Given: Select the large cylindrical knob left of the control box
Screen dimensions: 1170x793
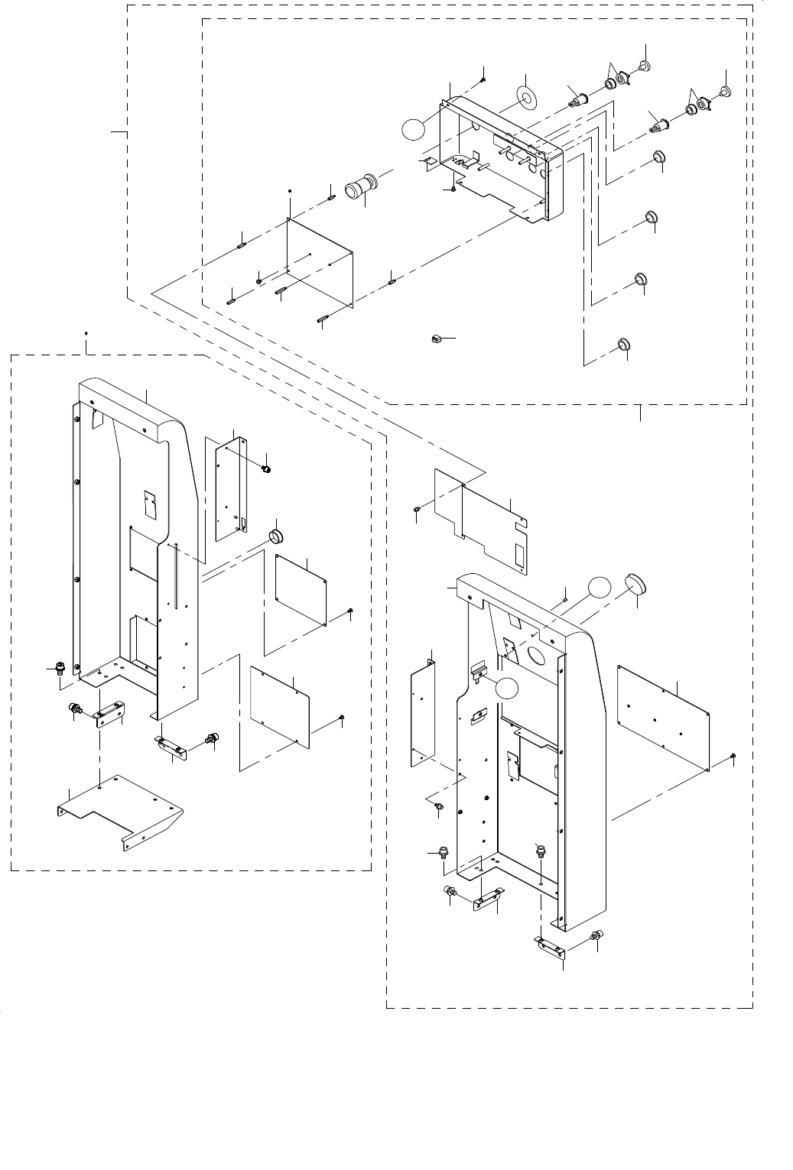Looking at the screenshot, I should (x=359, y=187).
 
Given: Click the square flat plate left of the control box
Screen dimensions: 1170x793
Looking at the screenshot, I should (x=320, y=261).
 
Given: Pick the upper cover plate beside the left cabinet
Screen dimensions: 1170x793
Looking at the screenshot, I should (x=301, y=589).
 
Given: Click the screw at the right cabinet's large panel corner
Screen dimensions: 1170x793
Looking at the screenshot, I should (x=733, y=756).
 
